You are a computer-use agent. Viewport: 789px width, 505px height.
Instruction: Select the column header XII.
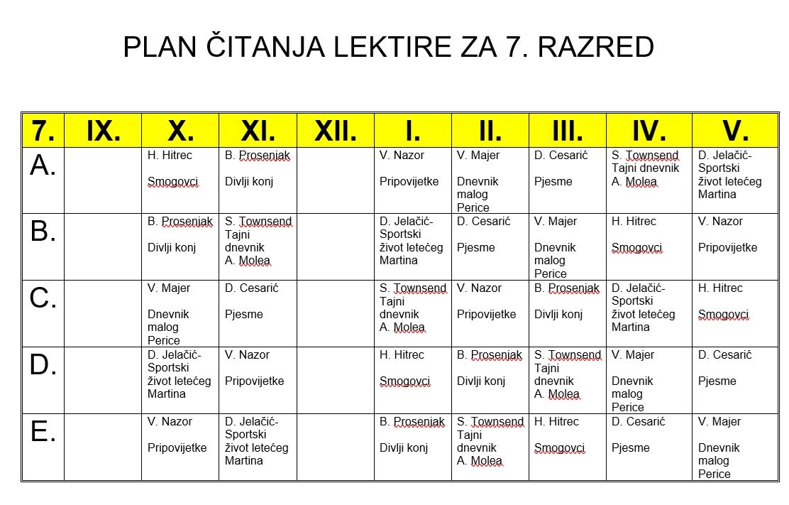[335, 131]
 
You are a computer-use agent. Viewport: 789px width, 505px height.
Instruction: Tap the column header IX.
[103, 131]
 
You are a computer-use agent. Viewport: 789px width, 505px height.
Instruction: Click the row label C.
[43, 298]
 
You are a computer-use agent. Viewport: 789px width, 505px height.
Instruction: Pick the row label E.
[43, 432]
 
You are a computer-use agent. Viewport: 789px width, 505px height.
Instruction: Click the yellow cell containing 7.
[43, 131]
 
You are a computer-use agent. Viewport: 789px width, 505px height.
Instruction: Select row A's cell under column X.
[180, 180]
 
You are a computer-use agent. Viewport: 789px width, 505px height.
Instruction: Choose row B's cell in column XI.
[258, 246]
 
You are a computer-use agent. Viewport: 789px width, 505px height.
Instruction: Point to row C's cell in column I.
[412, 313]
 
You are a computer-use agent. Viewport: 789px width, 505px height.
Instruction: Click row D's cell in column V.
[734, 380]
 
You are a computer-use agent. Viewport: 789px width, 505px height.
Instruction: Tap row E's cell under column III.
[567, 447]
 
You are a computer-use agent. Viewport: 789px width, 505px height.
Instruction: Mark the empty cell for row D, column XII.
[335, 380]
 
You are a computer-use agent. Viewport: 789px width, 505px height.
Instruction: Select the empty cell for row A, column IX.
[103, 180]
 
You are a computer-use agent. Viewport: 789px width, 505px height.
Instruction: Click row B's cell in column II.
[490, 246]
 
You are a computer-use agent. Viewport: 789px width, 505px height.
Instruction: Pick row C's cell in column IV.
[649, 313]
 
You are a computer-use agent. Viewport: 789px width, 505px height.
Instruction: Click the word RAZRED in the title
[596, 48]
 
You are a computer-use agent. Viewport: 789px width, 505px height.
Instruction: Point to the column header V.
[734, 131]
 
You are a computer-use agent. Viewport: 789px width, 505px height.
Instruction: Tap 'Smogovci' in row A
[173, 182]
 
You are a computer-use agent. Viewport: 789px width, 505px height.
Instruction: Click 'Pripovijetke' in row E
[177, 448]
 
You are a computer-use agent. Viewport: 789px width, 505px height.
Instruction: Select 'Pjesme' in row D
[717, 381]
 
